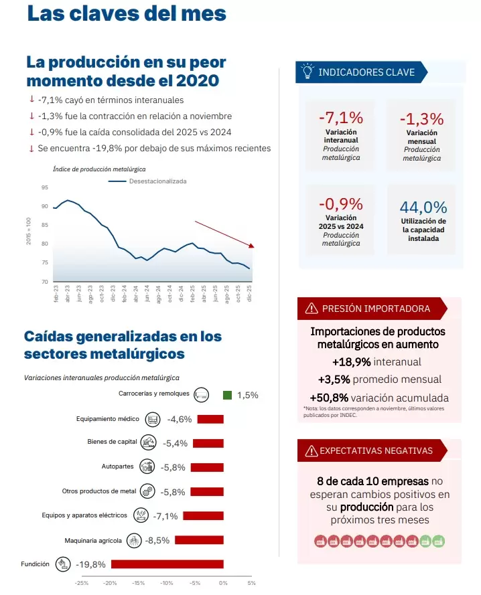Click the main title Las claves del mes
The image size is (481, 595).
coord(127,14)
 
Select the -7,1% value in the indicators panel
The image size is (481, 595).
coord(340,118)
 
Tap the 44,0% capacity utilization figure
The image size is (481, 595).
coord(423,207)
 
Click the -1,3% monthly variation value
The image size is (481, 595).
coord(421,119)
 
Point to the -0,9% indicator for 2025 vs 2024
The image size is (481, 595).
coord(340,204)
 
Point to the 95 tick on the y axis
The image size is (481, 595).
coord(44,187)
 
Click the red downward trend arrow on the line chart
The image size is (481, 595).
coord(224,234)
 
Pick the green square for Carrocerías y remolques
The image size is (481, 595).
coord(227,395)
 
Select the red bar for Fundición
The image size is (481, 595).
coord(167,564)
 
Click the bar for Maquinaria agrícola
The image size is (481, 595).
coord(199,539)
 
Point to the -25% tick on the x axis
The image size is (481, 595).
coord(82,583)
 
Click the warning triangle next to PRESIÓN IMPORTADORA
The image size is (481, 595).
coord(312,309)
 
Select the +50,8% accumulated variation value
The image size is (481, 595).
coord(329,397)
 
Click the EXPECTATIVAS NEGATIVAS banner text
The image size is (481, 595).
coord(376,450)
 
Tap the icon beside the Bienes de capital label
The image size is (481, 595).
coord(149,442)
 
